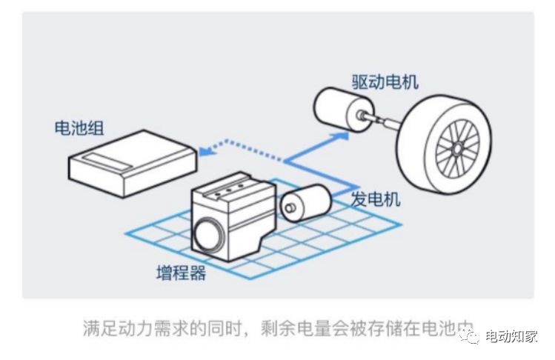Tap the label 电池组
(79, 127)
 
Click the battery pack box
(133, 159)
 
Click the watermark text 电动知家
(511, 338)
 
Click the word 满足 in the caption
(98, 328)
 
